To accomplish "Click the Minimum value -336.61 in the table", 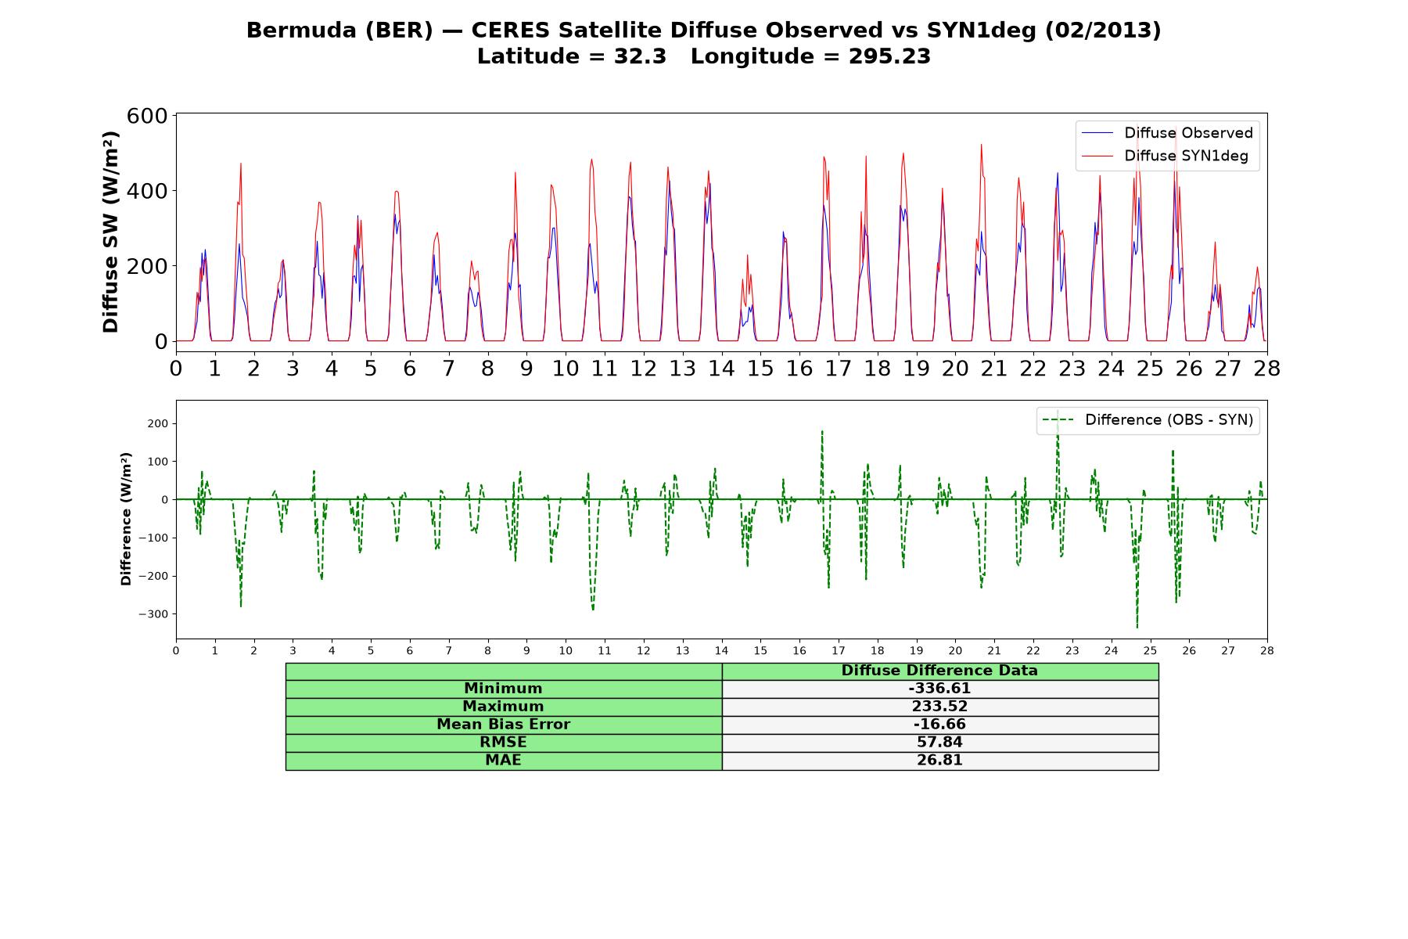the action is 939,689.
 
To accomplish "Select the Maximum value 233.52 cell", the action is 939,707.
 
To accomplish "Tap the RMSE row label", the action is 503,743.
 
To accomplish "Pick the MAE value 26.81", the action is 939,761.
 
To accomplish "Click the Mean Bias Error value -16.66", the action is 939,725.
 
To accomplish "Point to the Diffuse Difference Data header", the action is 939,671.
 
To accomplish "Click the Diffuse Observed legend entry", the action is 1167,133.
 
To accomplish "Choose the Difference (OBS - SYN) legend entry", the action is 1148,420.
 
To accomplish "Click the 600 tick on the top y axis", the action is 147,116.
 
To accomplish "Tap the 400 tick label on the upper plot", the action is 147,191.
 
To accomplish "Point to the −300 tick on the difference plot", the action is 153,614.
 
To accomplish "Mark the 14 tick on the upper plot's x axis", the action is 721,368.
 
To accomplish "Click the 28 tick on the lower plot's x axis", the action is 1267,650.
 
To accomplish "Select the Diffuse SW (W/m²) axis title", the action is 110,232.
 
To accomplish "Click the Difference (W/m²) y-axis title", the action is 126,519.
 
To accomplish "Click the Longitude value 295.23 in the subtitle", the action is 889,56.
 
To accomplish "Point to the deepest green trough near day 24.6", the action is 1137,628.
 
